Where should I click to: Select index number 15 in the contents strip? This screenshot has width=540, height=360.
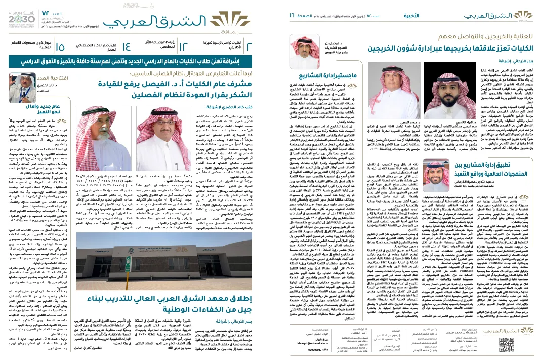[60, 47]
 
